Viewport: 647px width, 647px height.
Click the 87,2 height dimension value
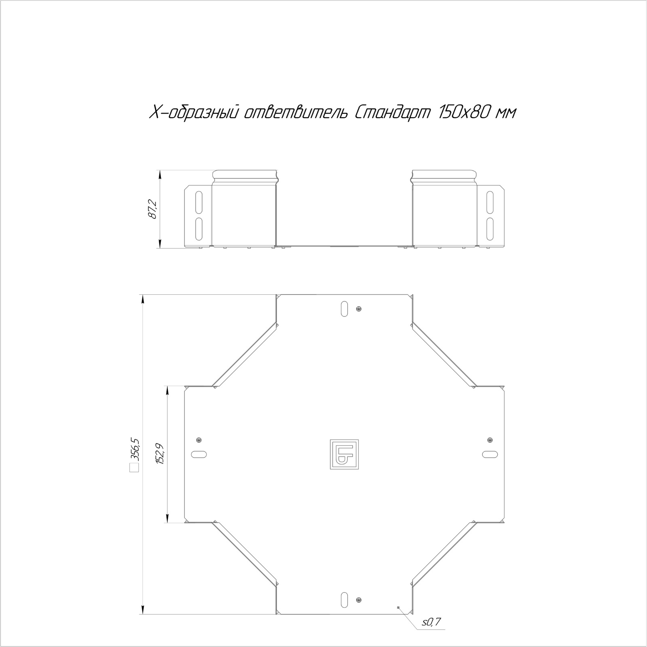[153, 209]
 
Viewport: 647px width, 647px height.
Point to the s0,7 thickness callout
[431, 633]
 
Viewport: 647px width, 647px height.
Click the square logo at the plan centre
[344, 454]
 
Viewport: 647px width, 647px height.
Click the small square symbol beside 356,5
[134, 468]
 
